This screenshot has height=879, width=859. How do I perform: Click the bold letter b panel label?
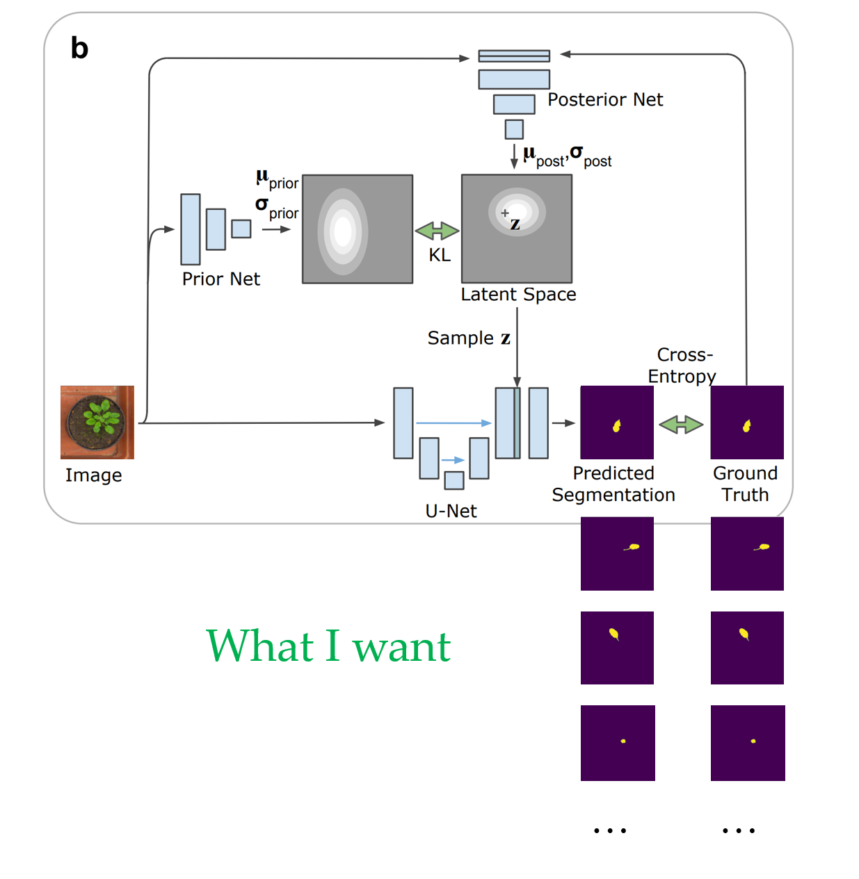point(79,49)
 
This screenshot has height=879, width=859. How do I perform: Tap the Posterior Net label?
point(605,100)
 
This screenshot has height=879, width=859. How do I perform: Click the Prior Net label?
point(220,279)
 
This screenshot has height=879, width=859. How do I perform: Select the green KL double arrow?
point(437,231)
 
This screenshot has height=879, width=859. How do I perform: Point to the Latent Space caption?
point(518,295)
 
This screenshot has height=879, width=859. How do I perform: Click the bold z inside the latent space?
point(515,224)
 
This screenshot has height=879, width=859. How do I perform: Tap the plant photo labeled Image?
point(97,422)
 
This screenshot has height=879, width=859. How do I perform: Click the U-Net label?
point(451,511)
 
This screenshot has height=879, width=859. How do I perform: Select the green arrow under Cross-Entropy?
point(681,425)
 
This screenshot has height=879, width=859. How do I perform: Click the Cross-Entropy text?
point(682,365)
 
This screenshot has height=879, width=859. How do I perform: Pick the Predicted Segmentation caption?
point(613,484)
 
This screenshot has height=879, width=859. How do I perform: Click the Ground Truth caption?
point(745,484)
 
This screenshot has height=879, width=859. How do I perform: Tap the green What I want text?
point(328,646)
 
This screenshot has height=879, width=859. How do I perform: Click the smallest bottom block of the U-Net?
point(454,480)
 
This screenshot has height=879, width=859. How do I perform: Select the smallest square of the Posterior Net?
point(514,129)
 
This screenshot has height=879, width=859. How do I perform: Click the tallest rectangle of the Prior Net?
point(191,229)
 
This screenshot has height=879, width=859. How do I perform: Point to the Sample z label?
point(469,338)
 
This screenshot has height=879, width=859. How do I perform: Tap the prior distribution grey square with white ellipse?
point(358,229)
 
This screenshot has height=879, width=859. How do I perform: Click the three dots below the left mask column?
point(610,830)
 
